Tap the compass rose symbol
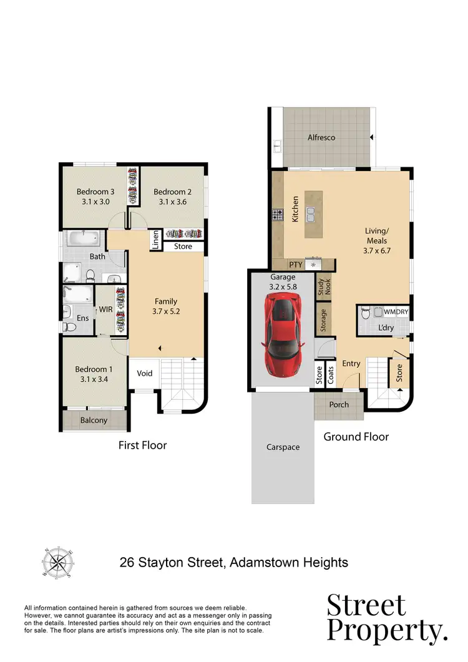[x=57, y=562]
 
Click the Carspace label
[x=283, y=447]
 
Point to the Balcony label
[x=94, y=421]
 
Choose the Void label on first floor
[x=145, y=374]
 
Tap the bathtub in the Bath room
[x=82, y=238]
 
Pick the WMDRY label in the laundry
[x=394, y=310]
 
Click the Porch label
[x=339, y=405]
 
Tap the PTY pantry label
[x=296, y=265]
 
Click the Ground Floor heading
[x=356, y=437]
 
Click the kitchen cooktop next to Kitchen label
[x=278, y=216]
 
